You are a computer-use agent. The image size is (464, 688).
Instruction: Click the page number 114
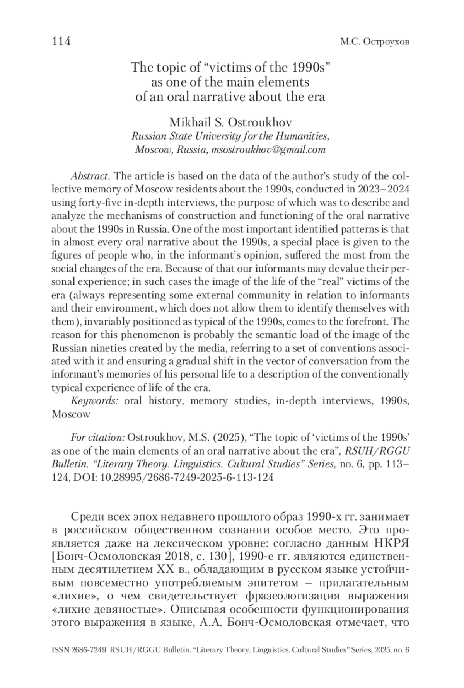coord(61,41)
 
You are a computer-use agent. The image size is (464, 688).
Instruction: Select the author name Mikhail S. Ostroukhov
coord(230,123)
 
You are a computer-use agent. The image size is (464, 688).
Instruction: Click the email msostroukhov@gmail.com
coord(267,150)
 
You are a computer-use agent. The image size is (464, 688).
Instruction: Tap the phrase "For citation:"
coord(97,438)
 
